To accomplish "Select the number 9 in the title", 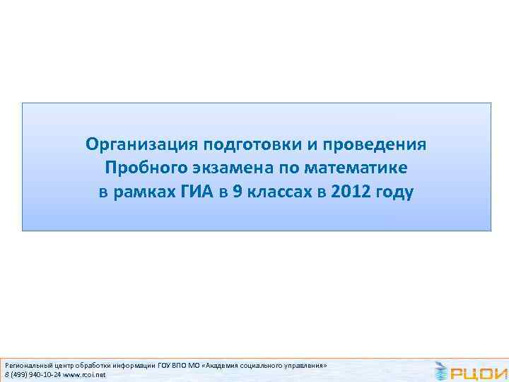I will pyautogui.click(x=236, y=192).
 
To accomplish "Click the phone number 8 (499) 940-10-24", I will pyautogui.click(x=33, y=374).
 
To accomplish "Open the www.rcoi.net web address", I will pyautogui.click(x=84, y=374).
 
